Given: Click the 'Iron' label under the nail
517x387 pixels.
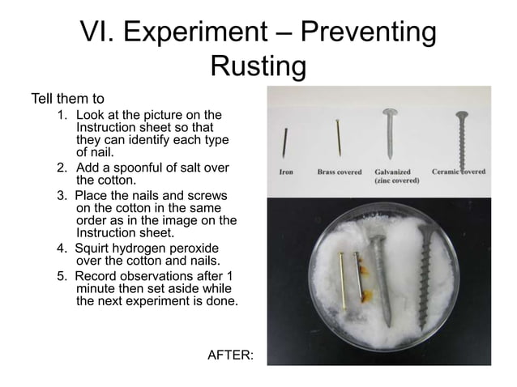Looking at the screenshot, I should (286, 172).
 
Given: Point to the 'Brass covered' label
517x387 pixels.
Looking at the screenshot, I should (340, 172).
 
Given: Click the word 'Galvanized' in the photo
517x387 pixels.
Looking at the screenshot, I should (392, 172).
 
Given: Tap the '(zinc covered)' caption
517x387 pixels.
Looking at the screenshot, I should (395, 182).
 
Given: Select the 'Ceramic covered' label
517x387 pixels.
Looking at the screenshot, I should (459, 172).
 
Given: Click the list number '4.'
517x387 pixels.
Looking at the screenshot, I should (62, 248).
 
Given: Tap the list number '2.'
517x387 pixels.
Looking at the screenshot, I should (62, 168).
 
